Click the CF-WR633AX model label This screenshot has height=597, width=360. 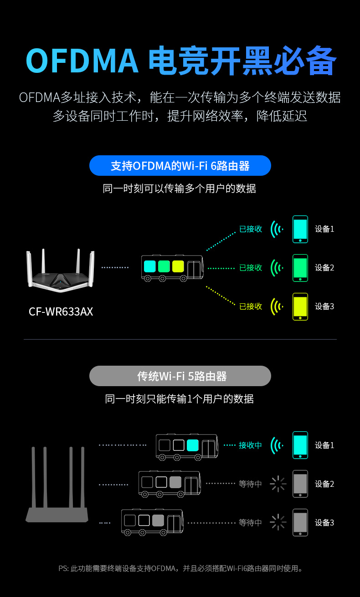(61, 312)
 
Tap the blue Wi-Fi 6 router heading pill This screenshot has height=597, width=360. (180, 166)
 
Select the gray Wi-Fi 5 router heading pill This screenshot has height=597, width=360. (180, 376)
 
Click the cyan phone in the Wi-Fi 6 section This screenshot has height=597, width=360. (300, 229)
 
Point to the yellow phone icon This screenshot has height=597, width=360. (300, 306)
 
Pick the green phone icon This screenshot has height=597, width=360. (300, 268)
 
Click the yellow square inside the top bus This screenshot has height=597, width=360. (178, 266)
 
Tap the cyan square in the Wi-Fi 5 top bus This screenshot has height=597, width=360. (192, 445)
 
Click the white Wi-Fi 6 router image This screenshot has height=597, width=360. (61, 271)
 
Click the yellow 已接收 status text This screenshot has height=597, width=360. (251, 306)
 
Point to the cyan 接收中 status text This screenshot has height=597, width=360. (250, 445)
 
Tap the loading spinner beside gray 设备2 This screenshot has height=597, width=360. (278, 484)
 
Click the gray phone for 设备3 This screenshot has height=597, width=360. (300, 523)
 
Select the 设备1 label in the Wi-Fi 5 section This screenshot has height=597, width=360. (324, 445)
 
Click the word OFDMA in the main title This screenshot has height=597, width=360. (82, 61)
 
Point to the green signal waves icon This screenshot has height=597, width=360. (277, 268)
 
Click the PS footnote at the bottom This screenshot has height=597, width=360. (180, 568)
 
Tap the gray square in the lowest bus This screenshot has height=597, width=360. (158, 520)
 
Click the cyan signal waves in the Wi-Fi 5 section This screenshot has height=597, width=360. (277, 445)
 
